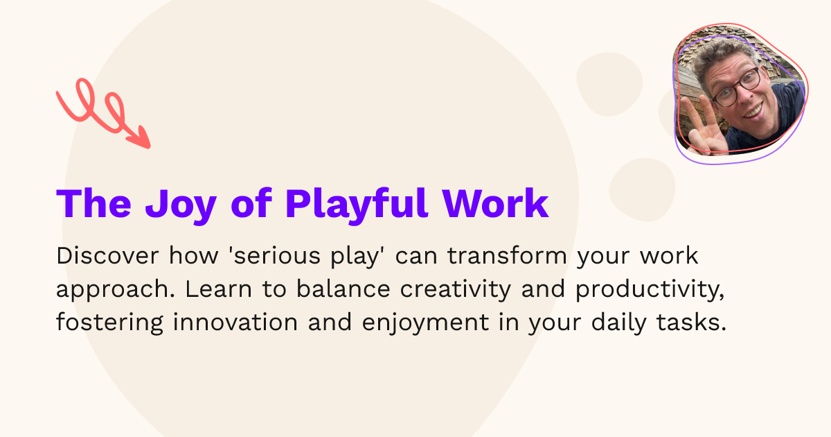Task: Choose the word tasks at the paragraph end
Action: [700, 323]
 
